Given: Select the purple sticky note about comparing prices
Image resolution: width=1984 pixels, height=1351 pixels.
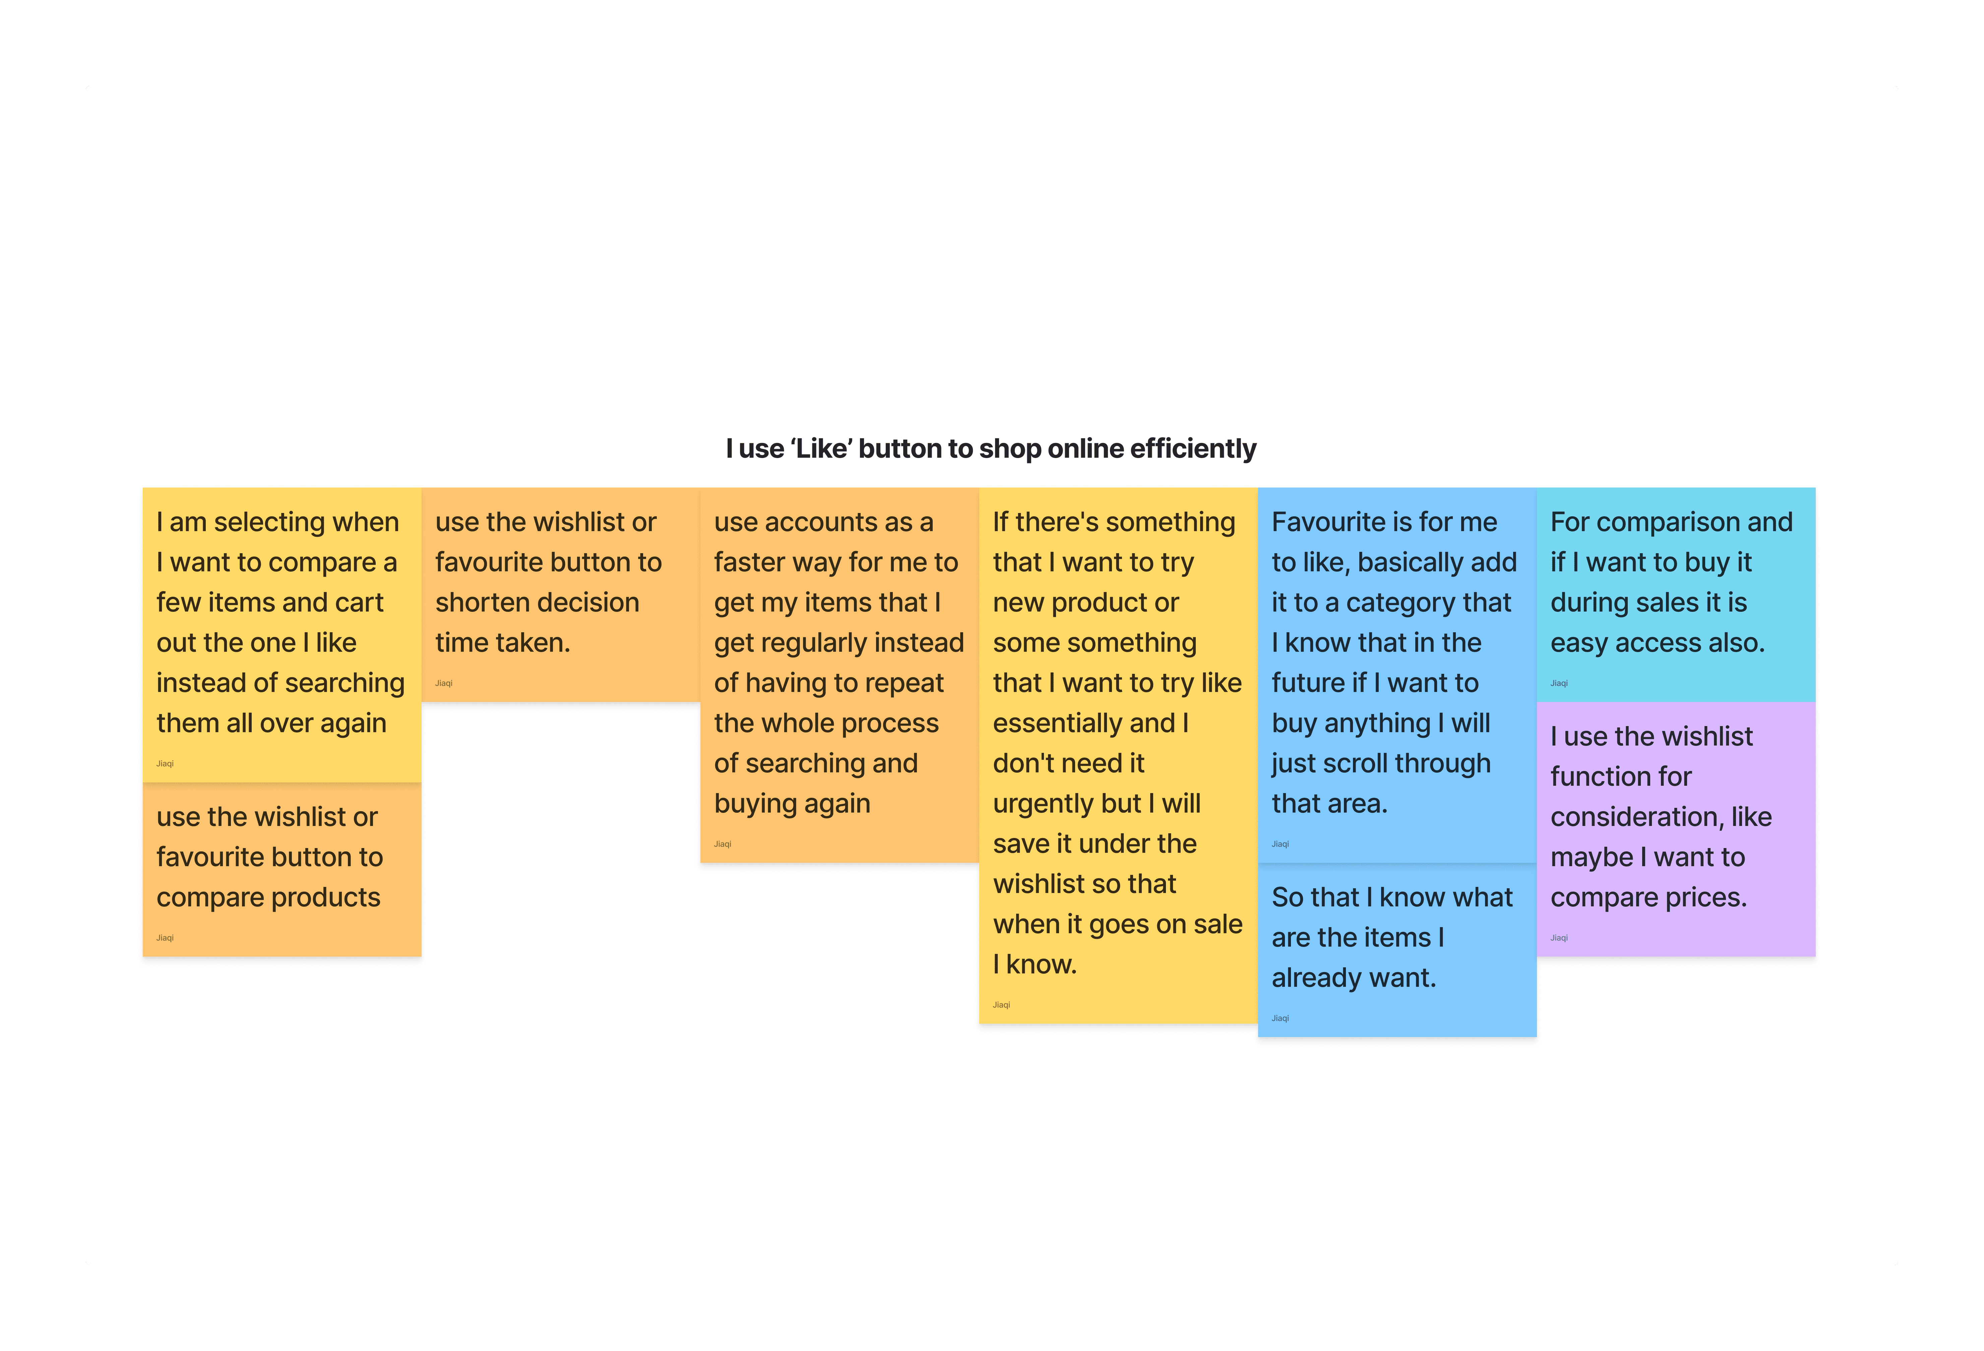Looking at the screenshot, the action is (x=1675, y=828).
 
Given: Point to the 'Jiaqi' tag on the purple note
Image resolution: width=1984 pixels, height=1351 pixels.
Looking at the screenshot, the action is (x=1559, y=938).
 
